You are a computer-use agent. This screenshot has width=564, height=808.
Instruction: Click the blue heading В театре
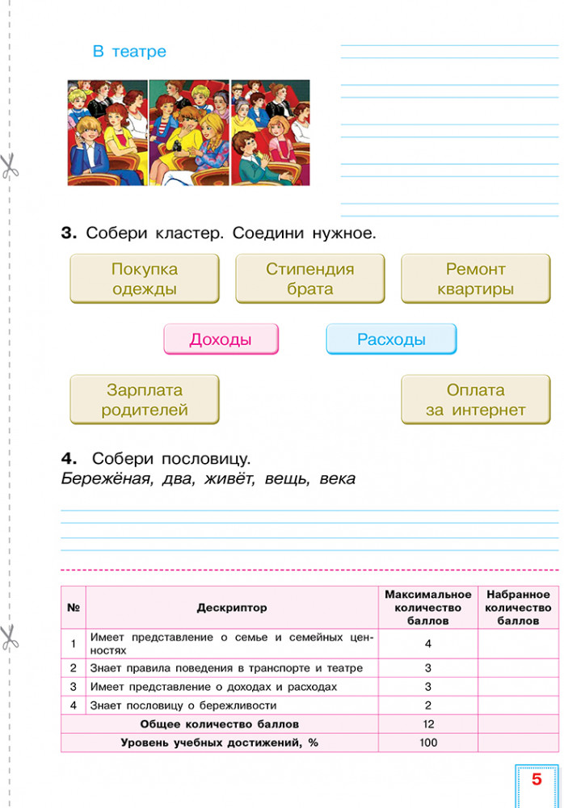click(x=129, y=52)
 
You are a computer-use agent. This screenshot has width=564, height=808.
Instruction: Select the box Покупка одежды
click(x=144, y=279)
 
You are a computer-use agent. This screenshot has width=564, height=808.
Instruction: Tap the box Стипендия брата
click(x=309, y=279)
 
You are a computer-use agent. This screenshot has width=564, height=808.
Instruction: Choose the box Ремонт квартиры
click(x=475, y=279)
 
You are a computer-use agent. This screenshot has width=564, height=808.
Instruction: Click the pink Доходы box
click(x=221, y=339)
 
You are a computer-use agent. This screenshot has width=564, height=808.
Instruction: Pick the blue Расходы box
click(x=391, y=339)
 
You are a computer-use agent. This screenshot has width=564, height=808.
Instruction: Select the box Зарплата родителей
click(x=144, y=400)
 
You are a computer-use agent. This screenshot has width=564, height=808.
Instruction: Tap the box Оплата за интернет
click(x=475, y=400)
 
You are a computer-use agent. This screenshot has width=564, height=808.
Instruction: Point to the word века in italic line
click(x=337, y=478)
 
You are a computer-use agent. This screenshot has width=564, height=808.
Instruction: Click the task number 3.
click(x=69, y=234)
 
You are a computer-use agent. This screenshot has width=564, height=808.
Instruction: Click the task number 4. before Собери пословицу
click(x=69, y=458)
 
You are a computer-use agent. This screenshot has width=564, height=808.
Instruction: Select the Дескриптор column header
click(x=231, y=608)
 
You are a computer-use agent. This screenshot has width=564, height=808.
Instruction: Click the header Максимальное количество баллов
click(x=427, y=608)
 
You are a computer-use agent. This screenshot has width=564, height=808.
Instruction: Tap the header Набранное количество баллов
click(x=518, y=608)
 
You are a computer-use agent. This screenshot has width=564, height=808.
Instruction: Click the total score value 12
click(x=427, y=724)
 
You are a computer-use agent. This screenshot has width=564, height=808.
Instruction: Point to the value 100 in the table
click(x=427, y=743)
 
